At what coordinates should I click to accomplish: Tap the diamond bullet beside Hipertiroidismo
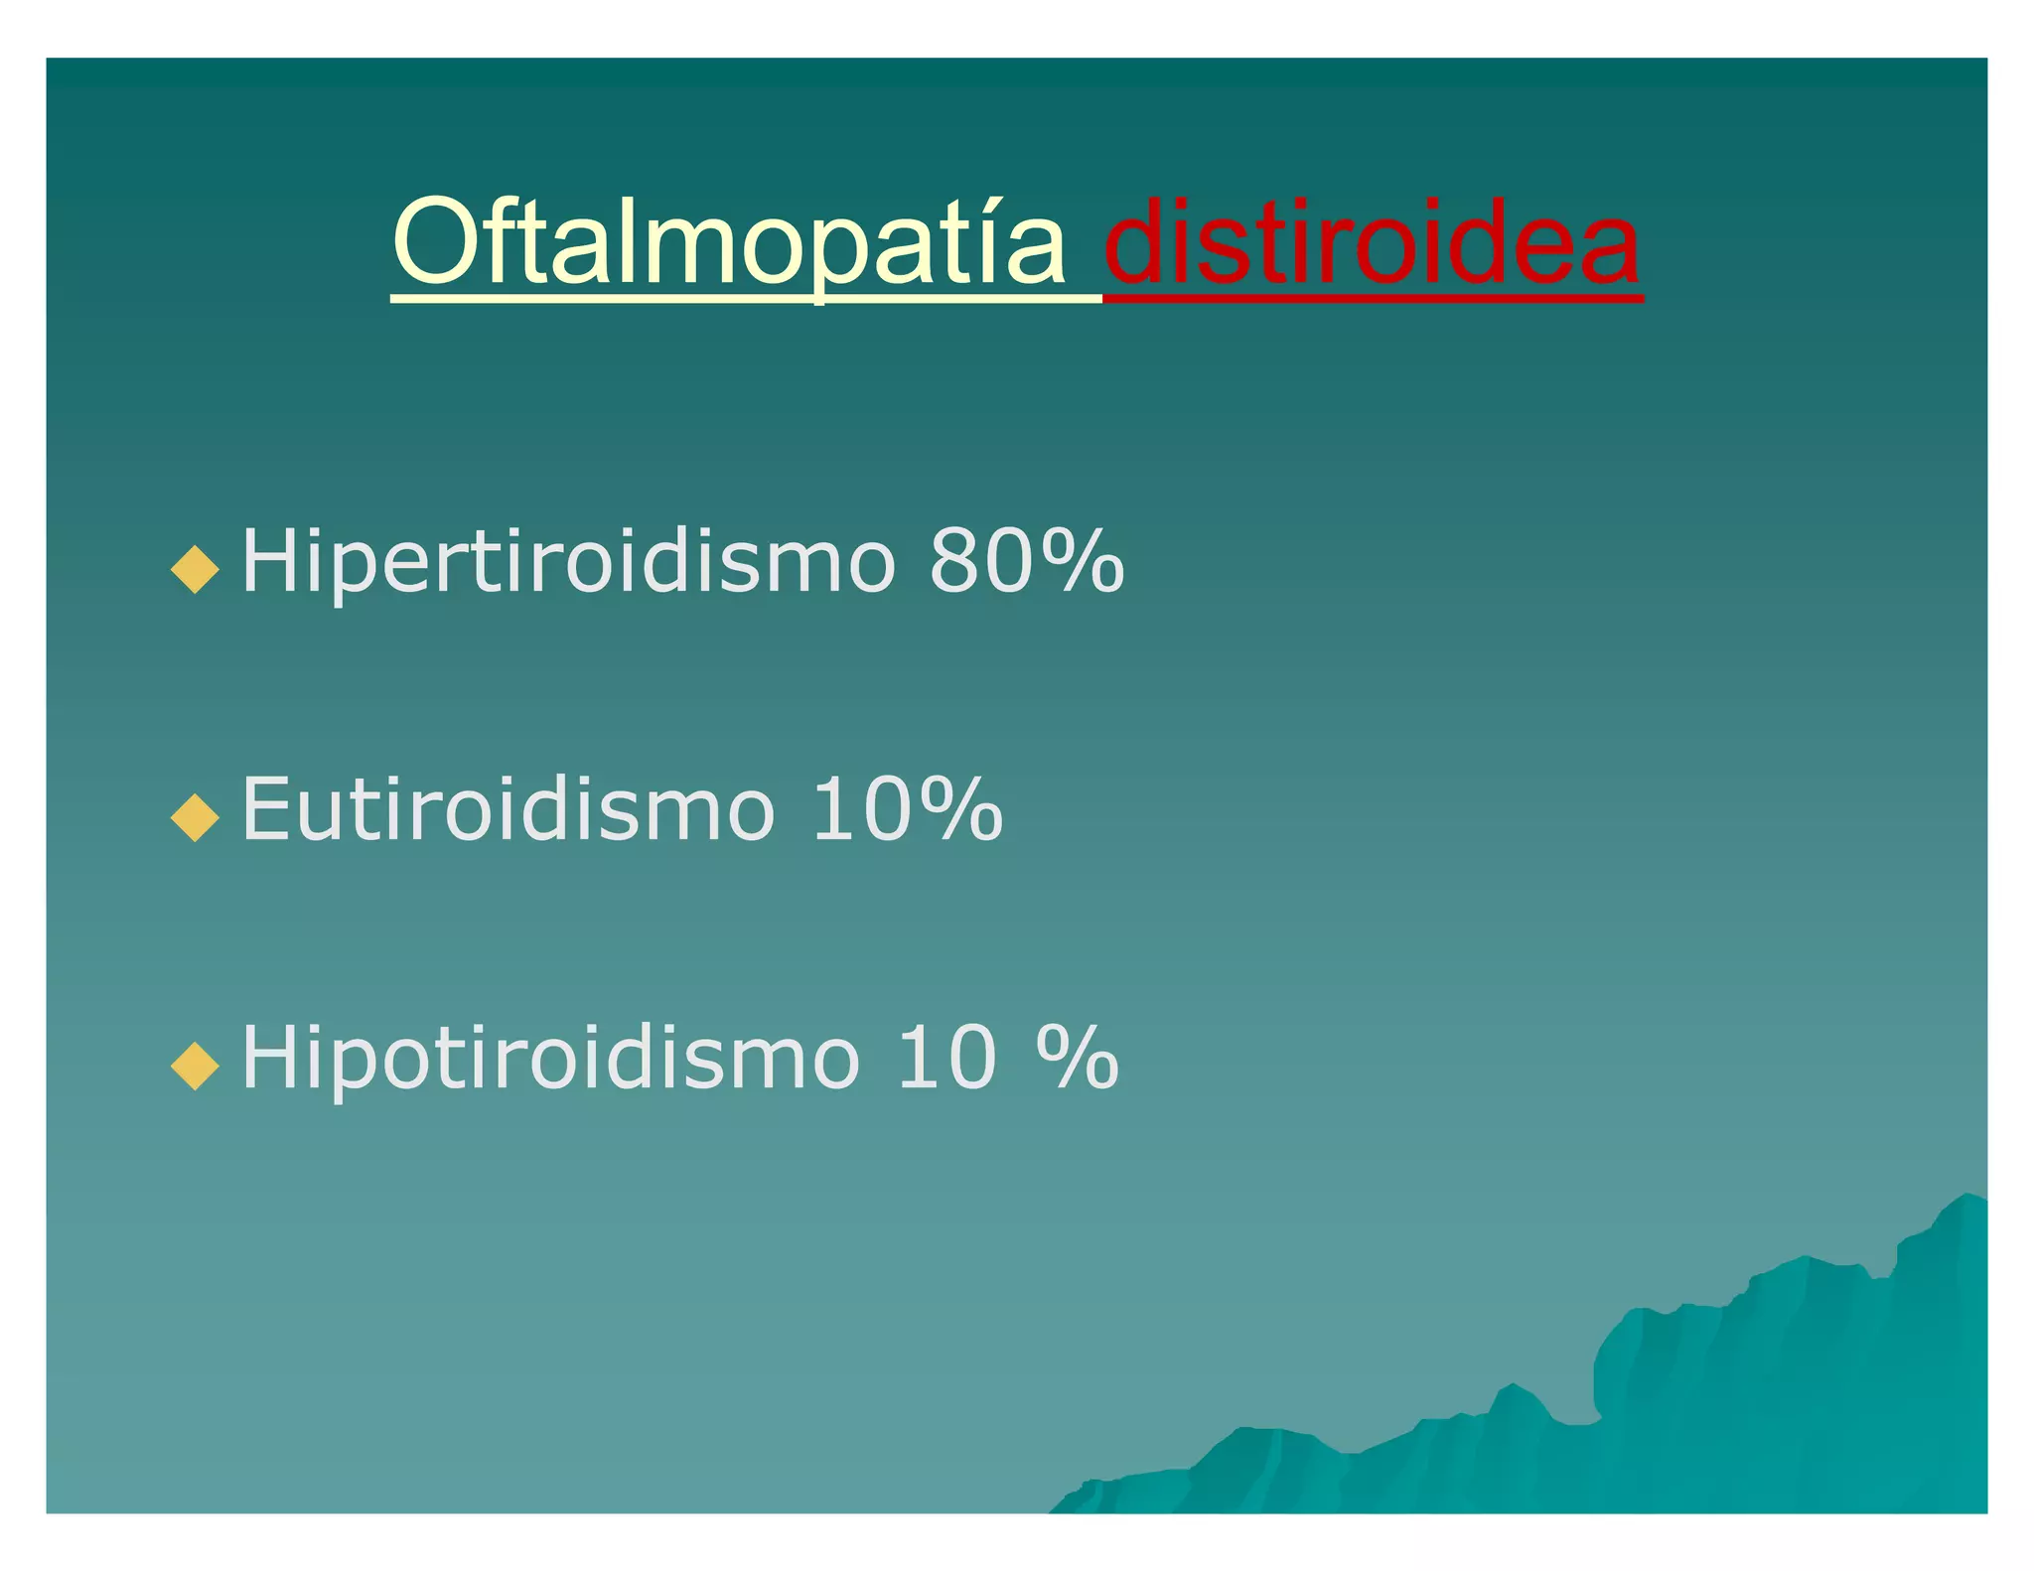coord(195,568)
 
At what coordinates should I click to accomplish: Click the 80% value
coord(1026,562)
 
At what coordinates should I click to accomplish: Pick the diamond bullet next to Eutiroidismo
coord(195,816)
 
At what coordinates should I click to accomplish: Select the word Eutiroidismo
coord(508,810)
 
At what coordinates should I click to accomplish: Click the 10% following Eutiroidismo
coord(906,810)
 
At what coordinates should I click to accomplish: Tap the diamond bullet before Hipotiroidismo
coord(195,1065)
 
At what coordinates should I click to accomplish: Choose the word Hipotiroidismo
coord(550,1059)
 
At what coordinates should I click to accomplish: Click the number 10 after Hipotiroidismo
coord(946,1059)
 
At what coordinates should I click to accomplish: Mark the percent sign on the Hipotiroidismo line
coord(1077,1059)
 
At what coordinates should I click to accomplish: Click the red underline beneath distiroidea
coord(1372,296)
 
